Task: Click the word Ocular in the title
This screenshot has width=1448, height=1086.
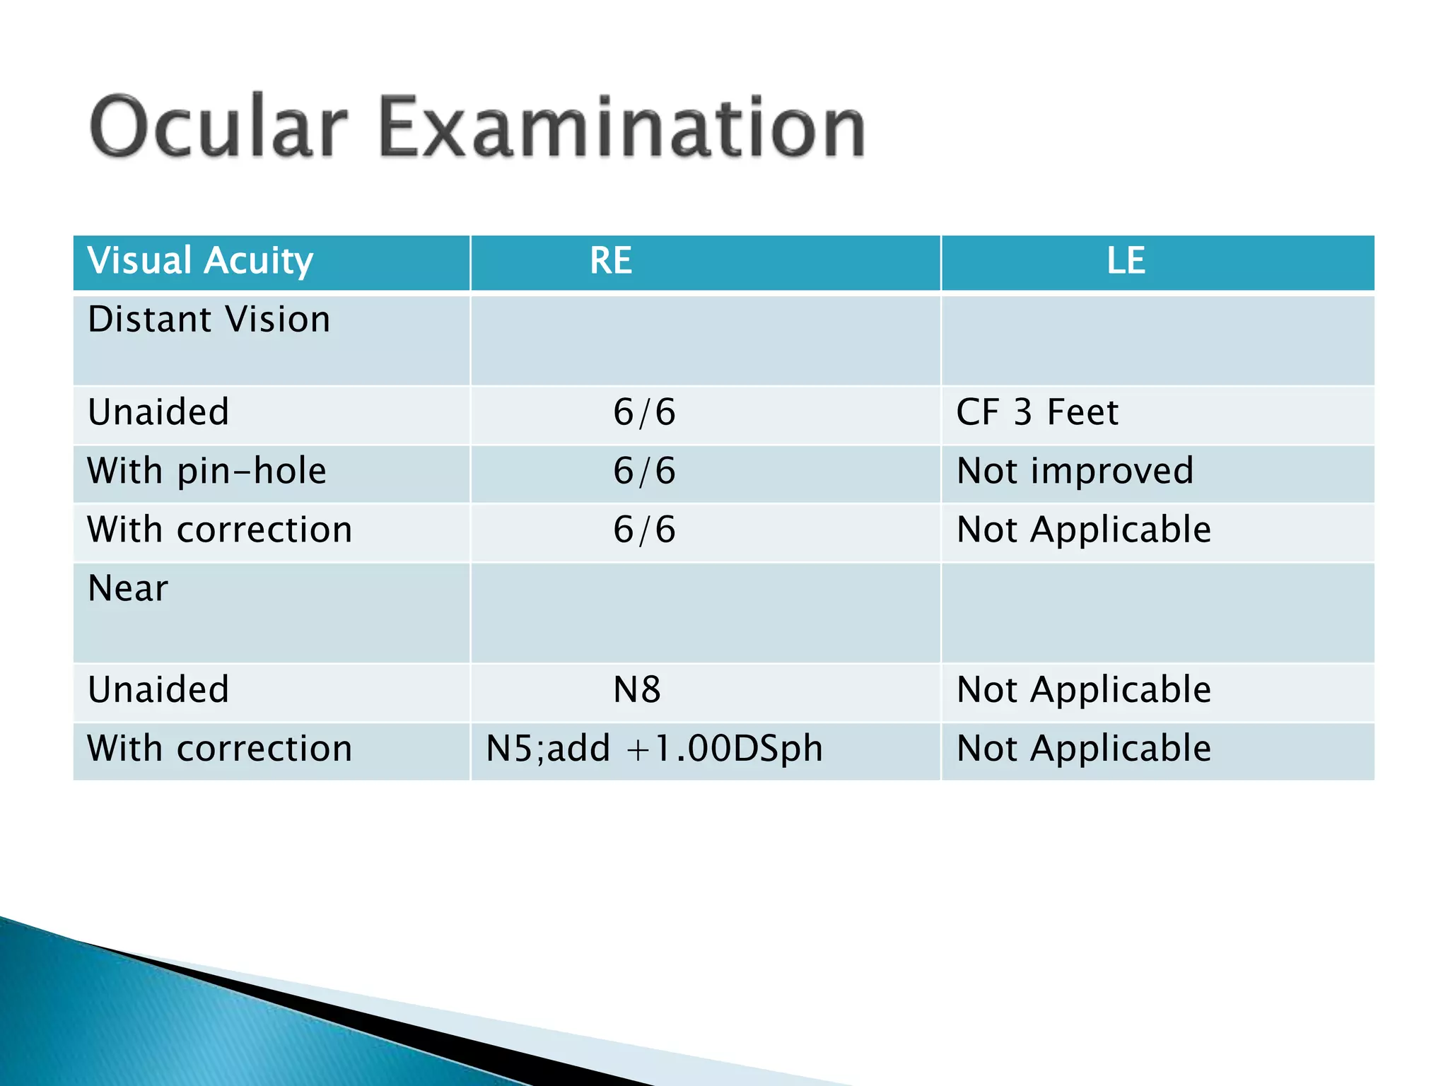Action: (x=219, y=127)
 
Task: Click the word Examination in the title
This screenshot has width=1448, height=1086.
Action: (x=622, y=127)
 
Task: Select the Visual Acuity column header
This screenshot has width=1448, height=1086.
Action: (x=200, y=261)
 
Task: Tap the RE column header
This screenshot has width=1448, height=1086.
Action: (x=611, y=261)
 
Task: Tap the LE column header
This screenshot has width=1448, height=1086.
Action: (x=1126, y=261)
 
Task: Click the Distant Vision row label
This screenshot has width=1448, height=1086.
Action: (x=209, y=320)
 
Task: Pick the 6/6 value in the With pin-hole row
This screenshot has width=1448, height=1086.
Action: (x=644, y=471)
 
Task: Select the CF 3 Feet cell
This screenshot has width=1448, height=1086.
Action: (x=1037, y=412)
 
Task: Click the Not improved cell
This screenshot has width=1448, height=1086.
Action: (x=1075, y=471)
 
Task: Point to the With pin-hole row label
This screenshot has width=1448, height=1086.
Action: (x=207, y=471)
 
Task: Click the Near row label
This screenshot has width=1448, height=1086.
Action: (x=128, y=588)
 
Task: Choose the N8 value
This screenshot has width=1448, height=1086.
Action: (x=637, y=689)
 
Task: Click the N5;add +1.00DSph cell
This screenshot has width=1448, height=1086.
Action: (x=655, y=749)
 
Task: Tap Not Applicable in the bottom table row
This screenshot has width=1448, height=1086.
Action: (x=1084, y=749)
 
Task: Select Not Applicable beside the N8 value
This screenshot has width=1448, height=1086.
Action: (x=1084, y=689)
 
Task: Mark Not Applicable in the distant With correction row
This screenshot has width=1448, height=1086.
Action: (x=1084, y=530)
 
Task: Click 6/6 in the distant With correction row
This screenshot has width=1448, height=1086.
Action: (x=644, y=530)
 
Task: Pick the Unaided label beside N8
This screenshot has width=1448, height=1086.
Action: (x=158, y=689)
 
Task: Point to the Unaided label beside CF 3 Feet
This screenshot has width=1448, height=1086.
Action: (x=158, y=412)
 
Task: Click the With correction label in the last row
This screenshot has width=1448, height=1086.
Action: (x=220, y=749)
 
